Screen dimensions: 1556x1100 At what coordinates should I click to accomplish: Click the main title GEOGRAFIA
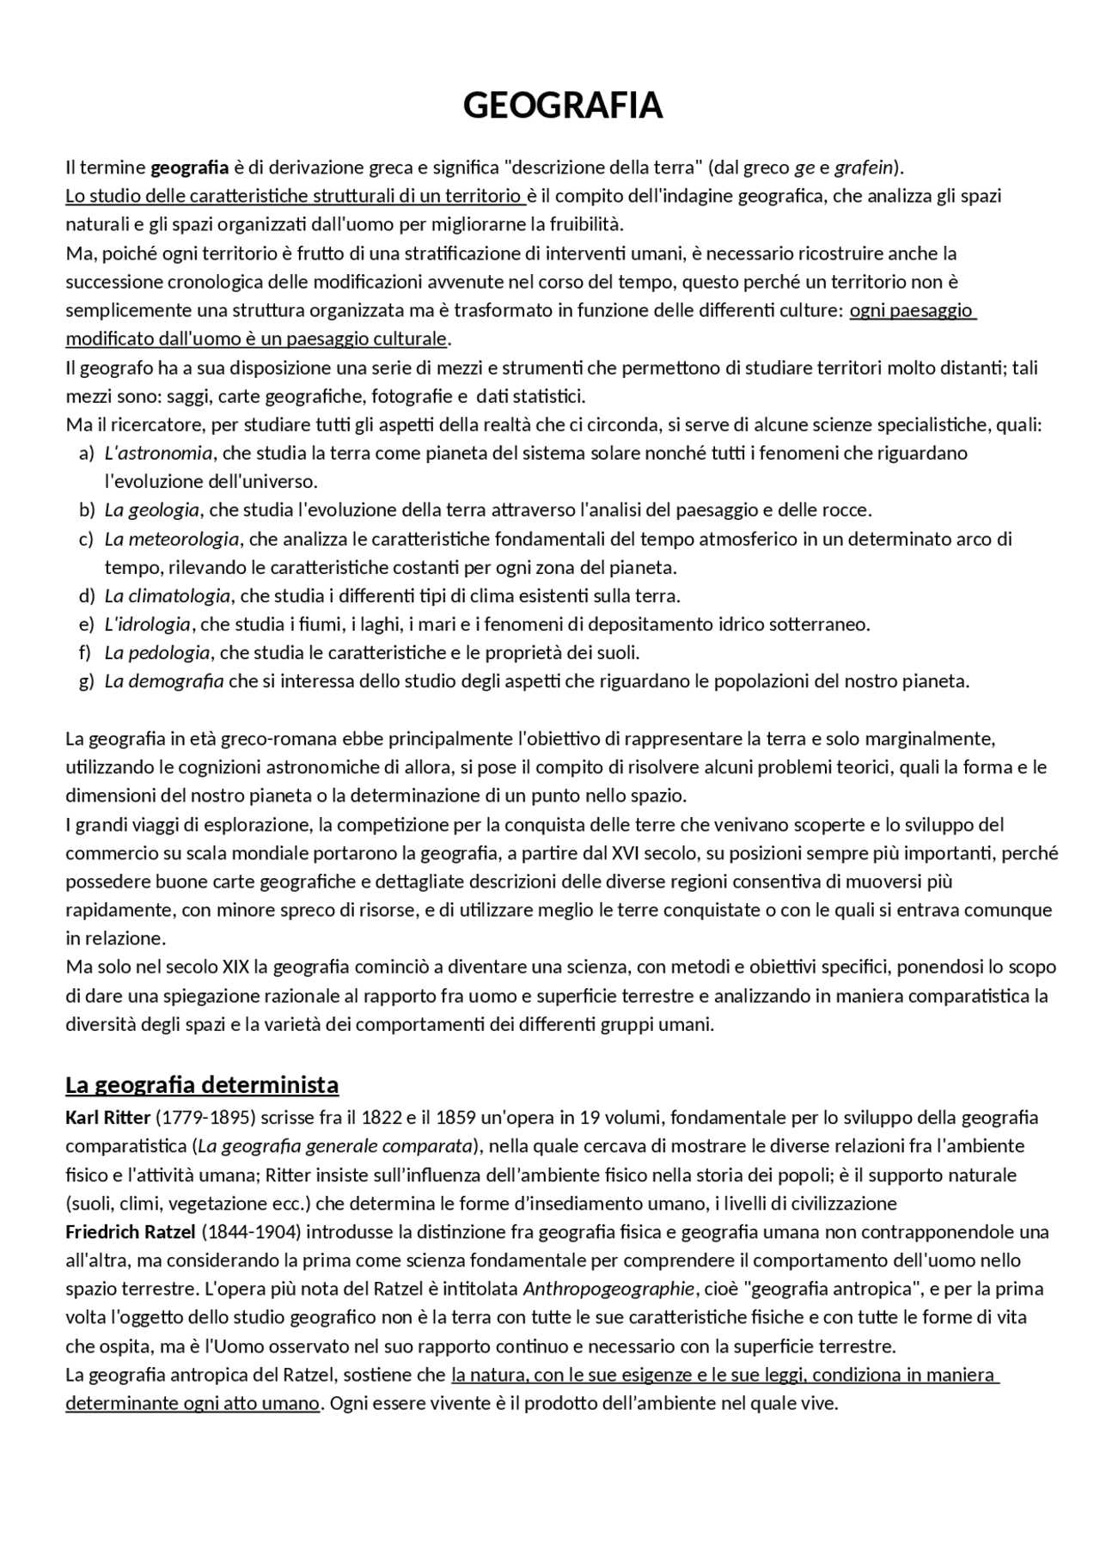pos(563,106)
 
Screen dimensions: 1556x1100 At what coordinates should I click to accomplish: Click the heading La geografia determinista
pos(202,1085)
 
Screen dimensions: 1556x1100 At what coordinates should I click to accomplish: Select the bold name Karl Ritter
pos(107,1117)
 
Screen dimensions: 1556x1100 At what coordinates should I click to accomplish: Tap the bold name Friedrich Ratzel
pos(131,1231)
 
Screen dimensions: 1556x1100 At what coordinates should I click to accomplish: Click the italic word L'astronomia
pos(158,453)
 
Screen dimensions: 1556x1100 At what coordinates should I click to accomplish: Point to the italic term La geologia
pos(152,510)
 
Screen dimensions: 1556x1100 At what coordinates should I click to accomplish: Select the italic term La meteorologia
pos(172,539)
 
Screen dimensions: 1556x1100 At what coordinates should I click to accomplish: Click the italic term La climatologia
pos(168,595)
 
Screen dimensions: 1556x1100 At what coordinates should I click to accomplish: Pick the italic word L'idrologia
pos(148,624)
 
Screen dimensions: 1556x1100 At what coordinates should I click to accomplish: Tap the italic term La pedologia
pos(157,652)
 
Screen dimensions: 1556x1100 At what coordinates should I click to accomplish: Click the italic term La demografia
pos(164,681)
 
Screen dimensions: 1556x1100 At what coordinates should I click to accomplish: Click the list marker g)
pos(86,681)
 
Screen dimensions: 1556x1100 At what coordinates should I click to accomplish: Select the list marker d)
pos(86,595)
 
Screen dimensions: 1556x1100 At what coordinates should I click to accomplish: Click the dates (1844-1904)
pos(252,1231)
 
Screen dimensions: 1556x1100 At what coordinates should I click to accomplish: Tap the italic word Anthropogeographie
pos(608,1288)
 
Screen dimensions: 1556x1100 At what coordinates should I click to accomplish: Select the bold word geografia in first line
pos(190,167)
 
